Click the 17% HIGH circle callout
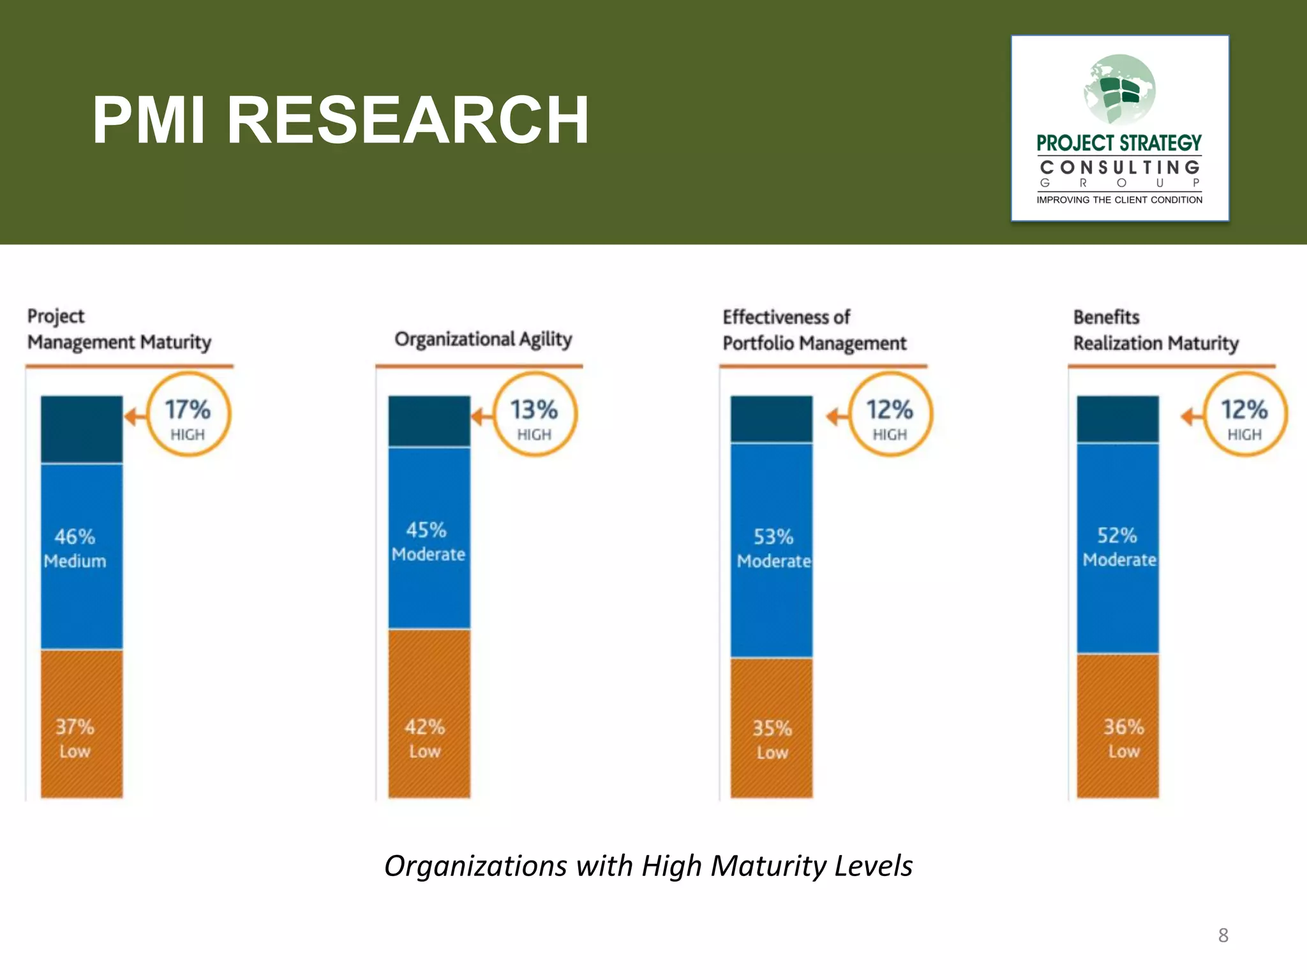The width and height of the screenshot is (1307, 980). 188,415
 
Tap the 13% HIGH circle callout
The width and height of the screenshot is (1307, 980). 535,415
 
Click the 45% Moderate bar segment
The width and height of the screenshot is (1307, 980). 429,539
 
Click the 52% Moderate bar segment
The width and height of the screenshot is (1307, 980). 1117,548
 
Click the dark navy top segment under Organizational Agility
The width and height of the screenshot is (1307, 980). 429,420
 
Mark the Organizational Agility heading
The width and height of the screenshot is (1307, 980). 483,339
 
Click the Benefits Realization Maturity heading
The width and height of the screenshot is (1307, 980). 1155,330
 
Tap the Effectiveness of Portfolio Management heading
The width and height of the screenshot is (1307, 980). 814,330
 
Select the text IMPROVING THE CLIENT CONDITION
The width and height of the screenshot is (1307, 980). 1119,200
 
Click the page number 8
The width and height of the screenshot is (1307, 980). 1223,935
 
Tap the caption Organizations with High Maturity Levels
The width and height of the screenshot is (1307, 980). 648,866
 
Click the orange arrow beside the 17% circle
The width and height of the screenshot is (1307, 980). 135,417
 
